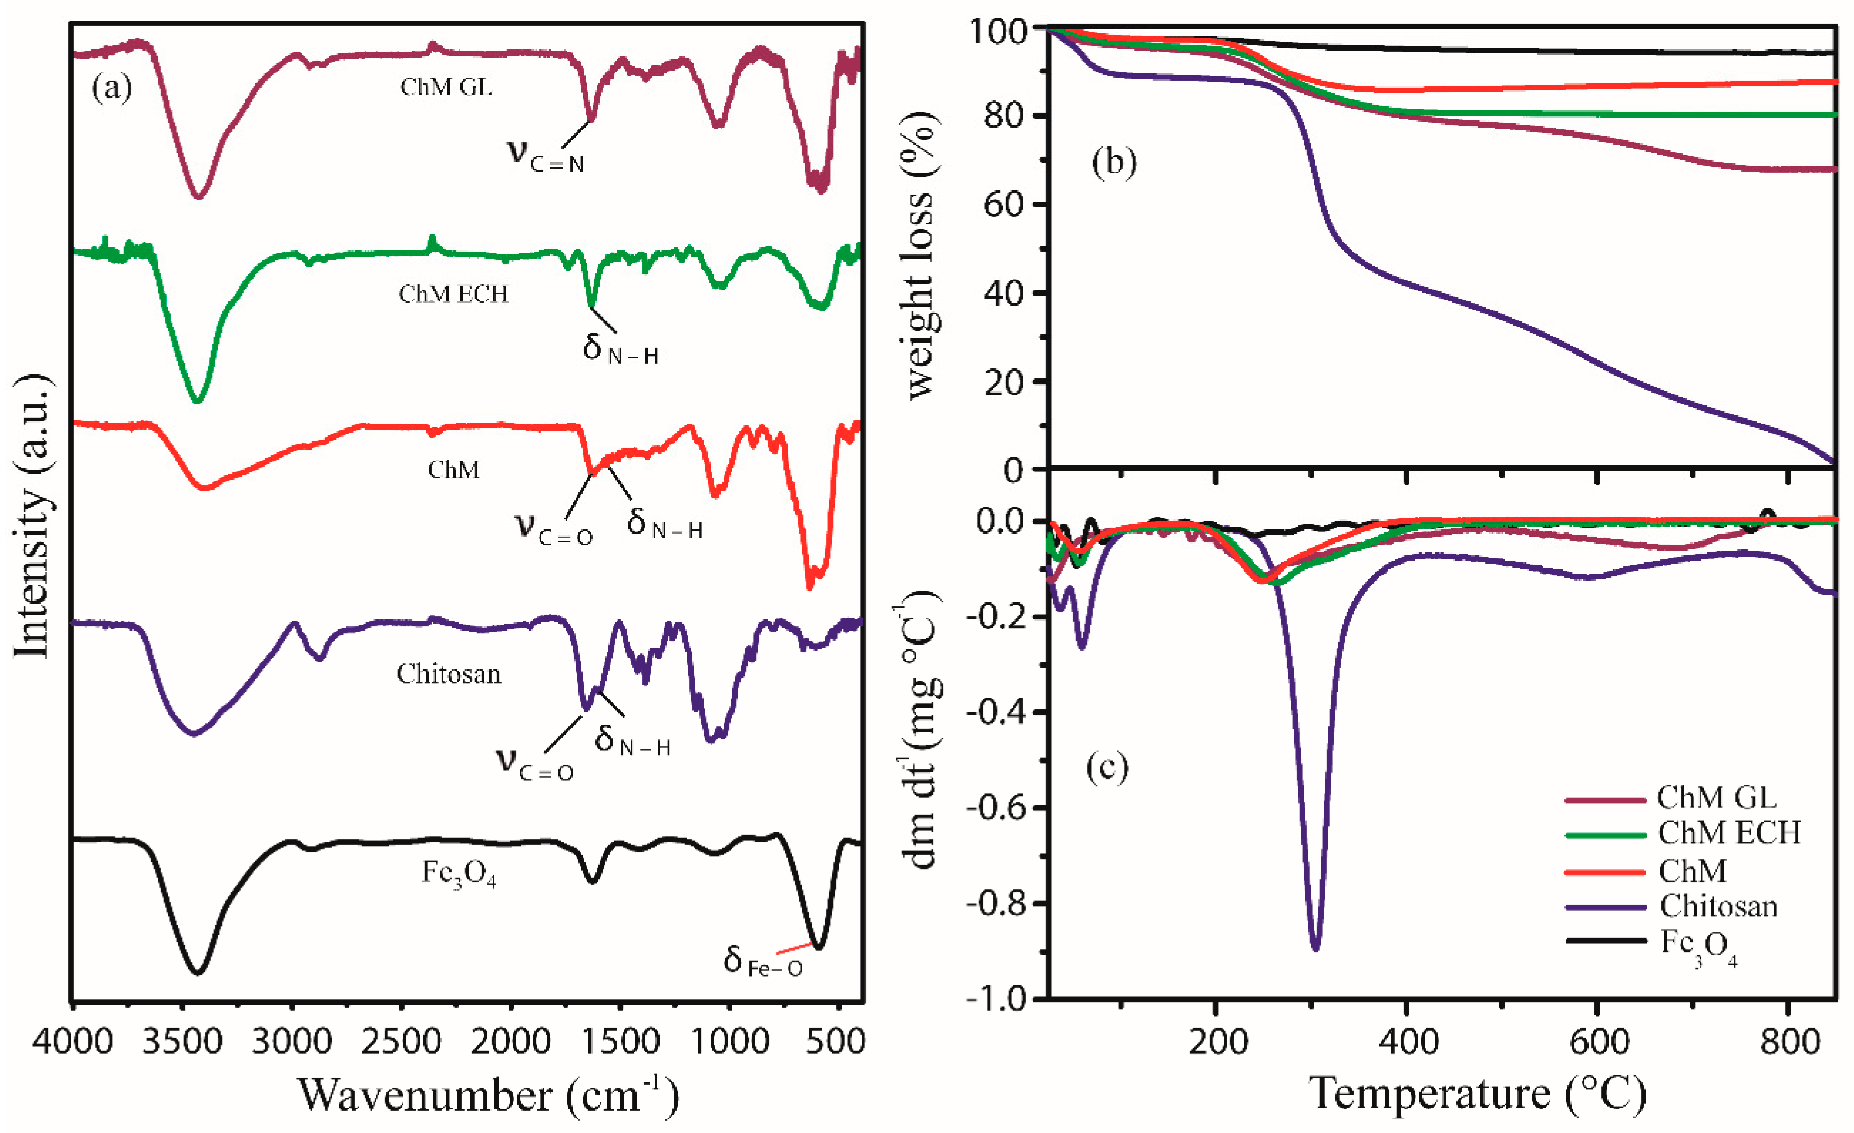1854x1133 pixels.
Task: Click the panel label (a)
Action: click(112, 89)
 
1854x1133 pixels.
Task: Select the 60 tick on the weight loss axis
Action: click(1004, 205)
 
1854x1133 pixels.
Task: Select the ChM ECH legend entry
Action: click(1729, 833)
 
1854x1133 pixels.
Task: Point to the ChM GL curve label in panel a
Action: click(446, 88)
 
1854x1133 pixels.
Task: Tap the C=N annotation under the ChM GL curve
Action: click(546, 155)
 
